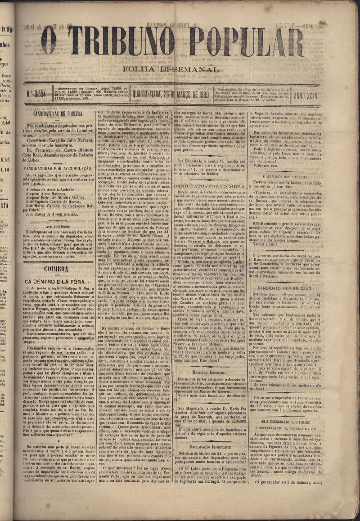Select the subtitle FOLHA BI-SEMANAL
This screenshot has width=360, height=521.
tap(174, 70)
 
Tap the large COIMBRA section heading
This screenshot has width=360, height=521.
tap(56, 269)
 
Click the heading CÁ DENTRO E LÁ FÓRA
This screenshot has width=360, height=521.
tap(55, 282)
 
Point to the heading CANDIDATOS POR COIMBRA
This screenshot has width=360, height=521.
tap(210, 186)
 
